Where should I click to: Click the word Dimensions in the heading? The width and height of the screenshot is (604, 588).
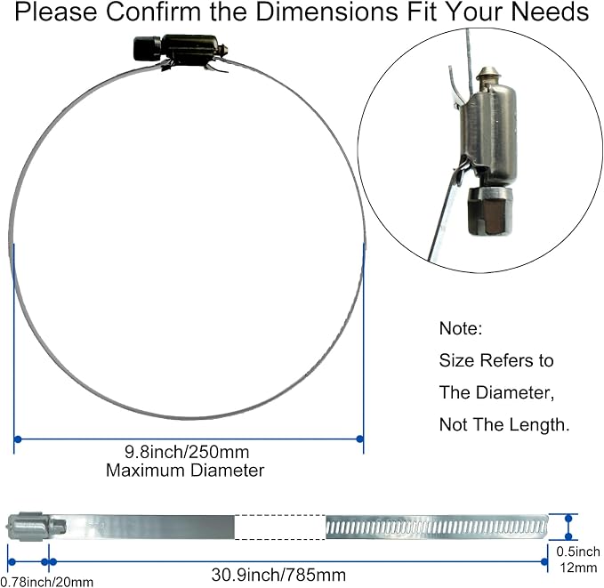[x=326, y=12]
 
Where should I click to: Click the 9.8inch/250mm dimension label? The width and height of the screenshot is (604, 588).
[x=187, y=452]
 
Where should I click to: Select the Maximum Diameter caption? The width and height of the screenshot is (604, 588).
[x=185, y=471]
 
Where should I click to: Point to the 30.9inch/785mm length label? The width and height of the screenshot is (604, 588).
[x=278, y=575]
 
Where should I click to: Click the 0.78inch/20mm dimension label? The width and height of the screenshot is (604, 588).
[x=46, y=582]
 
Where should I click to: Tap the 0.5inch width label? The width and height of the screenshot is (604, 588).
[x=578, y=552]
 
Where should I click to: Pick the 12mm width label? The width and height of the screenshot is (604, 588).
[x=578, y=568]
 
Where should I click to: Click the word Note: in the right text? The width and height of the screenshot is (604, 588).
[x=461, y=328]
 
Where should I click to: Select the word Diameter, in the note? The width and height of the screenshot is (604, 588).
[x=515, y=392]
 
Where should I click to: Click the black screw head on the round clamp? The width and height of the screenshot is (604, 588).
[x=147, y=49]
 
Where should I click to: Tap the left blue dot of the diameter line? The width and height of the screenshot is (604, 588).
[x=17, y=439]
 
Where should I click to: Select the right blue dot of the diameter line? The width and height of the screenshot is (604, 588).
[x=359, y=439]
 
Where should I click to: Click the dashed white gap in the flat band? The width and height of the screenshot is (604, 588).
[x=280, y=528]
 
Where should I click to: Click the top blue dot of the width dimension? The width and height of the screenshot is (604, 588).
[x=568, y=519]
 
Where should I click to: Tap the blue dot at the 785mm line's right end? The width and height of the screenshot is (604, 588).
[x=544, y=562]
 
